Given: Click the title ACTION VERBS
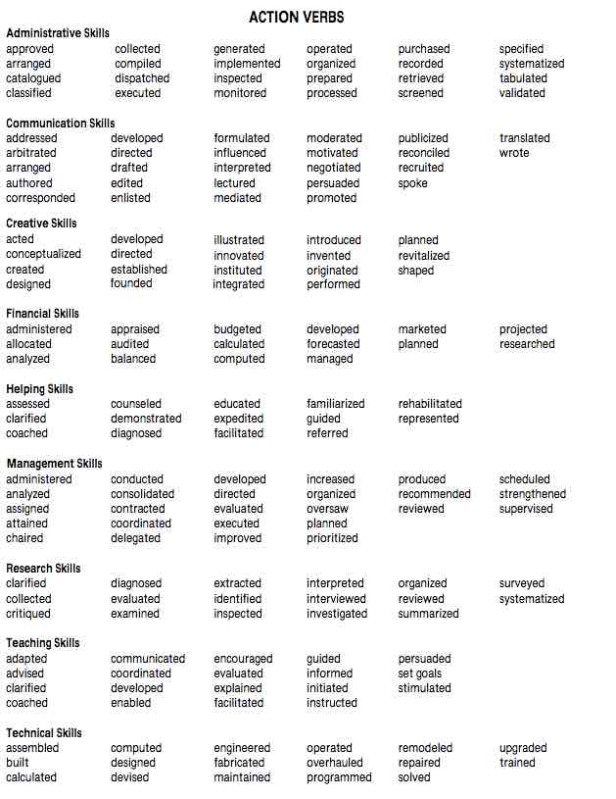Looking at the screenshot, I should pos(296,17).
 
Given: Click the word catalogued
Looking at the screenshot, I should pos(33,78).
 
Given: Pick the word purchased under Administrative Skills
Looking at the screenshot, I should pos(424,49).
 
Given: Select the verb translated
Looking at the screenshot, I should pos(525,138).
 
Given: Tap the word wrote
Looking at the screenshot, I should pos(514,153).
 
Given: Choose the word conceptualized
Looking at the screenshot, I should pos(44,255).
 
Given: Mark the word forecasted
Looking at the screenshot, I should pos(334,344).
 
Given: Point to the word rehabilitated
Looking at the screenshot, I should pos(430,404).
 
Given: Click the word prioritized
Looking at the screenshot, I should pos(332,538).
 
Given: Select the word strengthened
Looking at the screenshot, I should pos(533,494).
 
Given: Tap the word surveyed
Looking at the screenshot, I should pos(523,583).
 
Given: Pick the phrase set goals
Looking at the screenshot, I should pos(420,674).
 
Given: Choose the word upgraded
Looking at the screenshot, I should pos(523,748).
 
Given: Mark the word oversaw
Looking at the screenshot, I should pos(327,509).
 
